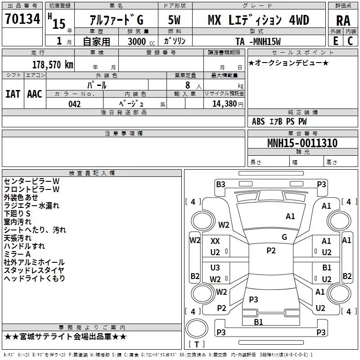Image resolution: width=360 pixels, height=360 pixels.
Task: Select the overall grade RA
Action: [x=343, y=20]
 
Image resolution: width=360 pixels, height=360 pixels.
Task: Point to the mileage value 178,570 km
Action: [x=53, y=64]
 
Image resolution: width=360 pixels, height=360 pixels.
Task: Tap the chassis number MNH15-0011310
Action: [x=302, y=143]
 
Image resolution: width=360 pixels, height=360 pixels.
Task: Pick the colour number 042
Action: [x=75, y=104]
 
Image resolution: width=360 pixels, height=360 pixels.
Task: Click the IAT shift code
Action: [x=13, y=94]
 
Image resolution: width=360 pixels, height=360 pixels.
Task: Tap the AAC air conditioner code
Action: [x=35, y=94]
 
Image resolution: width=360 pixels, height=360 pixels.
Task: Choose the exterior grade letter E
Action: [x=335, y=41]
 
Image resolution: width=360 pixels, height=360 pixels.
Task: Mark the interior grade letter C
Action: [x=350, y=41]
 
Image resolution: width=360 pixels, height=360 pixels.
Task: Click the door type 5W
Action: [x=174, y=20]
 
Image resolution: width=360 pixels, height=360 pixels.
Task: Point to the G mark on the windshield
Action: [x=284, y=237]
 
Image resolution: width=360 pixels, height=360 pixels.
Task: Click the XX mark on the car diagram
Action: [x=216, y=241]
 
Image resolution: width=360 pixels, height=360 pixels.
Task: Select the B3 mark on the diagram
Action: [x=220, y=184]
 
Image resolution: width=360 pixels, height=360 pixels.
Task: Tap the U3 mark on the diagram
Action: [x=216, y=268]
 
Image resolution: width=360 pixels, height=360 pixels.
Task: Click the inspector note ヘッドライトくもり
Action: [x=35, y=279]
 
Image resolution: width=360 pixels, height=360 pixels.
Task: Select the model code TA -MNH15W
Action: [x=258, y=41]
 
